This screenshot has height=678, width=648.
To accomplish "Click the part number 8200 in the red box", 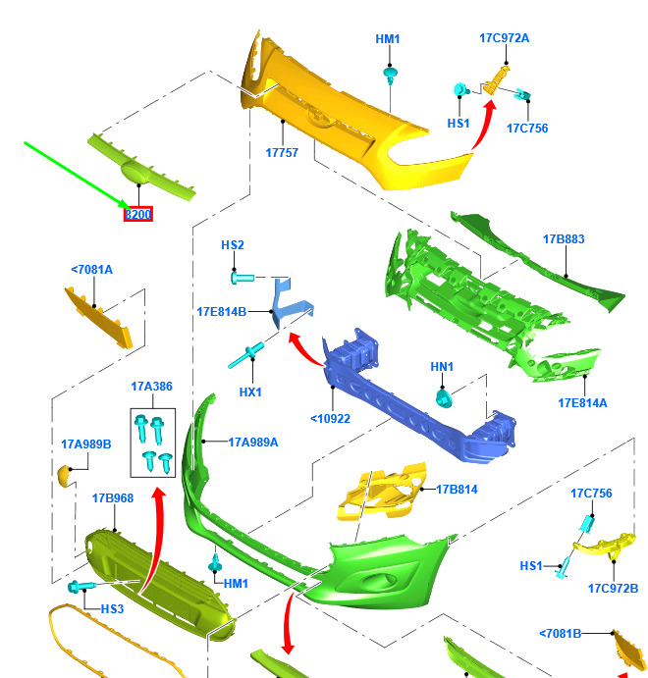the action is point(138,214).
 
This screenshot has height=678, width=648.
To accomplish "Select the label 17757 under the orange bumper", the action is point(282,153).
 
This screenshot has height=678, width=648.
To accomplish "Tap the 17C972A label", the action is point(504,38).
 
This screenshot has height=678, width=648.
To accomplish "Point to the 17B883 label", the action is point(564,239).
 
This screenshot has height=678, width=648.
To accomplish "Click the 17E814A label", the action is point(582,403).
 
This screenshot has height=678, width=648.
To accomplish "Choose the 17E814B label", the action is point(222,312).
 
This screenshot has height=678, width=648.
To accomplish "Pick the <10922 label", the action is point(330,419).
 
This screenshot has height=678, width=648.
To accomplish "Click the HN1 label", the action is point(442,367).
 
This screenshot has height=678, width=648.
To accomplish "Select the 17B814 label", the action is point(457,489).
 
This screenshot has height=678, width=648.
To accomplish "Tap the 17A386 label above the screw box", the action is point(151,387).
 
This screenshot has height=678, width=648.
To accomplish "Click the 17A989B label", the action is point(86,444).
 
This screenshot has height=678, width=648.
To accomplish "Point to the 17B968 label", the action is point(113,498).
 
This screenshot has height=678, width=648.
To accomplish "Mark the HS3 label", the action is point(112,608).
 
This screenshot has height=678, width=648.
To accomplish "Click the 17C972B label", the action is point(613,589).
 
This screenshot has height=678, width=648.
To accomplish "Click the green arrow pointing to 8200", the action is point(77,176).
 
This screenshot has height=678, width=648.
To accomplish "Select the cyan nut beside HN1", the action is point(444,398).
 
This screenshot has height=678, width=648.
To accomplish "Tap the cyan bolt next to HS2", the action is point(243,277).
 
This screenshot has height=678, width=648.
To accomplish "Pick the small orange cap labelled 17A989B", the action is point(66,476).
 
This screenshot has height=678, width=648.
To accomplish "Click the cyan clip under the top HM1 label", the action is point(390,76).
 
